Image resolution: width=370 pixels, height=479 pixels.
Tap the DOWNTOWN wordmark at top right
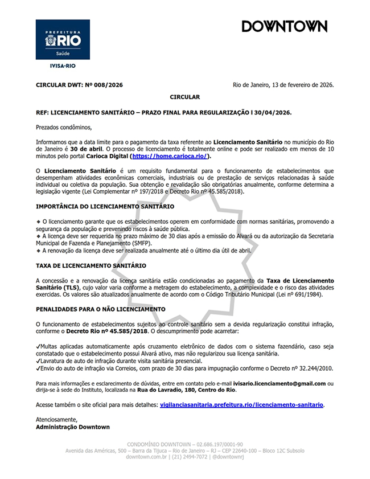pos(284,27)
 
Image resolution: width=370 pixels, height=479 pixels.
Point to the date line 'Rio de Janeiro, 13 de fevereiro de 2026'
pos(283,85)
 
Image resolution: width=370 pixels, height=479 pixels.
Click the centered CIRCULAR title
pos(184,97)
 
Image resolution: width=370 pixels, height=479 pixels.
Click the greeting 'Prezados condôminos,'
pos(63,127)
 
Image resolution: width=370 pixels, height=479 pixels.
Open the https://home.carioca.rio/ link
pos(170,155)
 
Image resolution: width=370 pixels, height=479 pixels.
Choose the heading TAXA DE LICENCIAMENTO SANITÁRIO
pos(91,265)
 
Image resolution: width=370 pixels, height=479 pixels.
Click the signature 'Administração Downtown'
pos(72,427)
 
